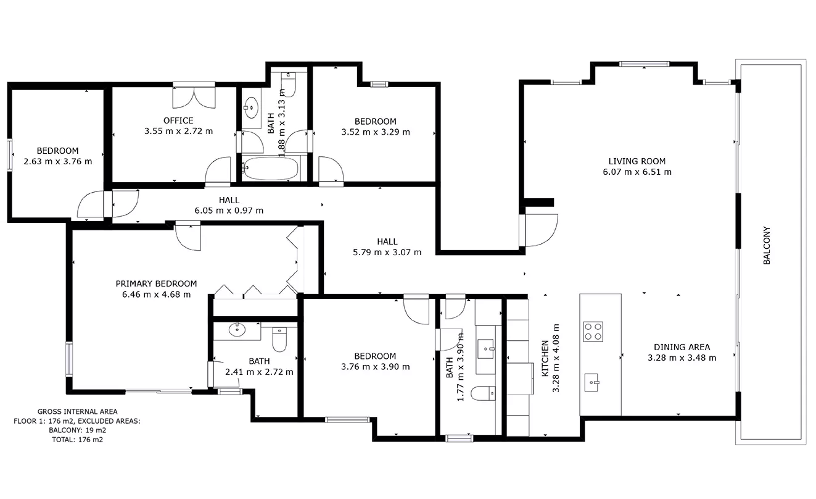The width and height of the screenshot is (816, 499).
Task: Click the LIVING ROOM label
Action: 637,161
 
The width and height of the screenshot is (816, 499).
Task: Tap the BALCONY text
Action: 767,246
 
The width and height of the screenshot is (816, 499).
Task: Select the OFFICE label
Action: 178,120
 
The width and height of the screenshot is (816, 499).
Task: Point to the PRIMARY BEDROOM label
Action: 156,283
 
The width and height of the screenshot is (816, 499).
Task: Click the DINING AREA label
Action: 682,347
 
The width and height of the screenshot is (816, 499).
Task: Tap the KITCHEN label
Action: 545,358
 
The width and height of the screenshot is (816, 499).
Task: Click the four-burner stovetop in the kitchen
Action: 593,332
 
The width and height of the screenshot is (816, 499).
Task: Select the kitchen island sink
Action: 591,382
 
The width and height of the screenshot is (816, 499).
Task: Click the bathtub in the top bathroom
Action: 270,168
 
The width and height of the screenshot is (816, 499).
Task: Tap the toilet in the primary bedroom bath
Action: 279,339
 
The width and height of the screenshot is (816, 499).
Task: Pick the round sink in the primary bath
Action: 237,330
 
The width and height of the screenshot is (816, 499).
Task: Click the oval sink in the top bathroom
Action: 251,108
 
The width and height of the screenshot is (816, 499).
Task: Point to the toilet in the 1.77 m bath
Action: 483,393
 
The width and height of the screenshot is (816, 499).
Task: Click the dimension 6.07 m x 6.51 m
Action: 637,172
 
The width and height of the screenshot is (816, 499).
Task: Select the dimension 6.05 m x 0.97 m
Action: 229,211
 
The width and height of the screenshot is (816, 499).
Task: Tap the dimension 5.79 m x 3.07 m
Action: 387,252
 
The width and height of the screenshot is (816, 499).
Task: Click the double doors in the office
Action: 194,98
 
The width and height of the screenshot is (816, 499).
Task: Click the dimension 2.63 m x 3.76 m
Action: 58,161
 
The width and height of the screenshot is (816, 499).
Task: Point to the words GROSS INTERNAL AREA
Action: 78,411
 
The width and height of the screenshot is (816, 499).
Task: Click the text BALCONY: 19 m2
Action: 78,430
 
